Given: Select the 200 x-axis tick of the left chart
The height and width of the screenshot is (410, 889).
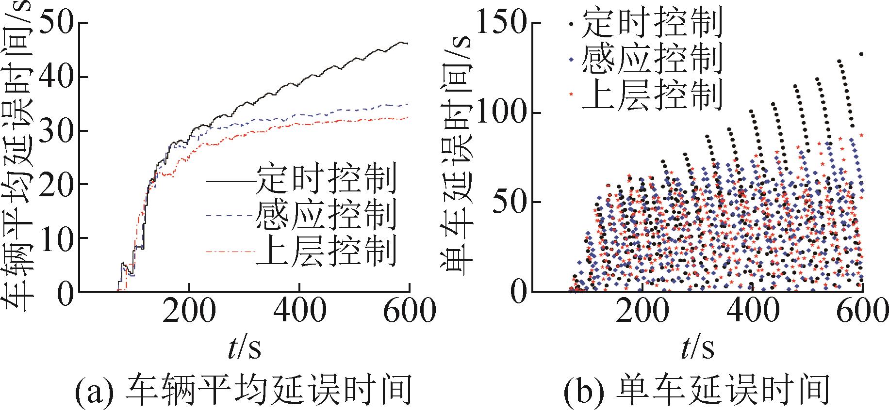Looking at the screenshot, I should pos(189,310).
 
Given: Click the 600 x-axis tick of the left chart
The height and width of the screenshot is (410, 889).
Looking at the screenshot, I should pos(409,310).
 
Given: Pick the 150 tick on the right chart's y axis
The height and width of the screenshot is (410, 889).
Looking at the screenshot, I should pos(503,23).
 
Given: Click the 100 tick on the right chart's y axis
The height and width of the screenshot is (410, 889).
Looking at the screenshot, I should pos(503,113).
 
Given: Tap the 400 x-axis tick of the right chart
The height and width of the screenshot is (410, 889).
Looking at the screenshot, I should pos(752,310).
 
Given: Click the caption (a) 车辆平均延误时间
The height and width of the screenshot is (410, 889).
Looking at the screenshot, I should pos(243,391).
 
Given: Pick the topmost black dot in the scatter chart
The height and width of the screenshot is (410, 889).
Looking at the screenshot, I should pos(861,54).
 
